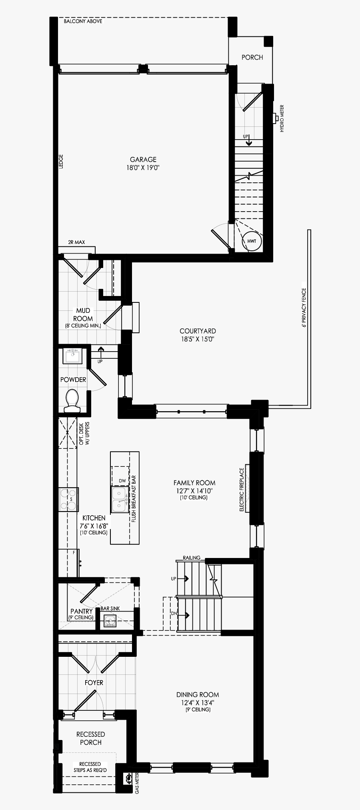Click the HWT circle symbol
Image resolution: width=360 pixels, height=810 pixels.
(x=252, y=241)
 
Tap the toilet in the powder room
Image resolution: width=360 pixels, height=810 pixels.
(x=72, y=400)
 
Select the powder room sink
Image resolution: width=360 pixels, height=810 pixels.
(x=73, y=356)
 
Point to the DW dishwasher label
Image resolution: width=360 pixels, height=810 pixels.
(x=122, y=480)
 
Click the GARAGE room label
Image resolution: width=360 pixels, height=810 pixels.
(x=143, y=159)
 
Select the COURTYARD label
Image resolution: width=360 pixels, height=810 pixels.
(x=198, y=331)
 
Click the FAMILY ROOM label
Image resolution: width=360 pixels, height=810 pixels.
(x=194, y=483)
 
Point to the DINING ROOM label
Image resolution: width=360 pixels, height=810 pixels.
(x=198, y=694)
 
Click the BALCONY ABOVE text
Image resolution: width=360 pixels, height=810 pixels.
(x=83, y=21)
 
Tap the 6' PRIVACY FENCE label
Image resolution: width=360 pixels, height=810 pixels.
(x=304, y=308)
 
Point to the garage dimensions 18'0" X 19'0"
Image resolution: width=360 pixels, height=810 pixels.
(x=143, y=168)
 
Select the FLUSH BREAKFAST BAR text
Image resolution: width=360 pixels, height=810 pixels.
(x=134, y=499)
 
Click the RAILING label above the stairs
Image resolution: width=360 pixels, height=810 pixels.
(x=191, y=558)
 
